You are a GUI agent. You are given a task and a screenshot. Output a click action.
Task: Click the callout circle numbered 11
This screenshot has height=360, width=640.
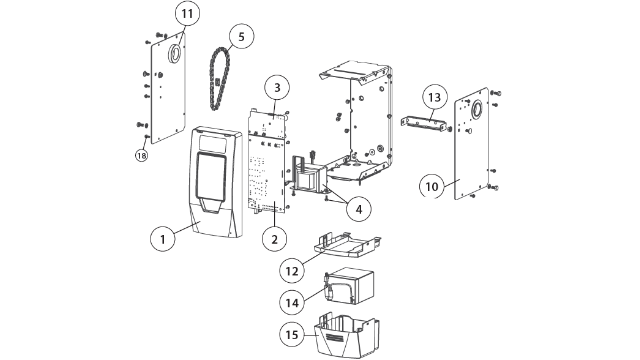[x=187, y=14]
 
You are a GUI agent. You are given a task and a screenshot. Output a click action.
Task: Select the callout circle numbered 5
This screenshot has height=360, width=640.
[x=241, y=36]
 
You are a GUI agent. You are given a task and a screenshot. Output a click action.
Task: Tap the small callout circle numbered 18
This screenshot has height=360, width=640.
[x=142, y=156]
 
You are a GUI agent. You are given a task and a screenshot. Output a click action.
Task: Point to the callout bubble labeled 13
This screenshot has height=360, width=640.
[x=434, y=97]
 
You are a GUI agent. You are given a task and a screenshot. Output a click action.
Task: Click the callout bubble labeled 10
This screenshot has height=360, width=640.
[x=432, y=186]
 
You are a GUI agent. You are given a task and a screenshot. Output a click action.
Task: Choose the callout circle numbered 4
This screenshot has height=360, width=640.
[x=359, y=209]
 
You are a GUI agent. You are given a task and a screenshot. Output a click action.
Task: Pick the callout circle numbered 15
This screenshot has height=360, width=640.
[x=292, y=334]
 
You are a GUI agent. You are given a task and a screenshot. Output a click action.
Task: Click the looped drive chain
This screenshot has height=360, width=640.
[x=220, y=80]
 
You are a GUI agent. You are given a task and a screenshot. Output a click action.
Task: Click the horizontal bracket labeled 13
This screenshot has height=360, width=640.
[x=423, y=124]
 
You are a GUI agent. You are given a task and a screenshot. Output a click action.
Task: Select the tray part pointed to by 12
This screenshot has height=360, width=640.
[x=347, y=247]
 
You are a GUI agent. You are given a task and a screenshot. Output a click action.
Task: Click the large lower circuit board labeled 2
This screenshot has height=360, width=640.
[x=267, y=173]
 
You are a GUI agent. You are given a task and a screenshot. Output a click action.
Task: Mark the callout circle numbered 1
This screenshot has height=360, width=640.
[x=163, y=239]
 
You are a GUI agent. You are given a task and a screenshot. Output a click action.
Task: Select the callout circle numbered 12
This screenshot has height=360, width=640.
[x=292, y=271]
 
